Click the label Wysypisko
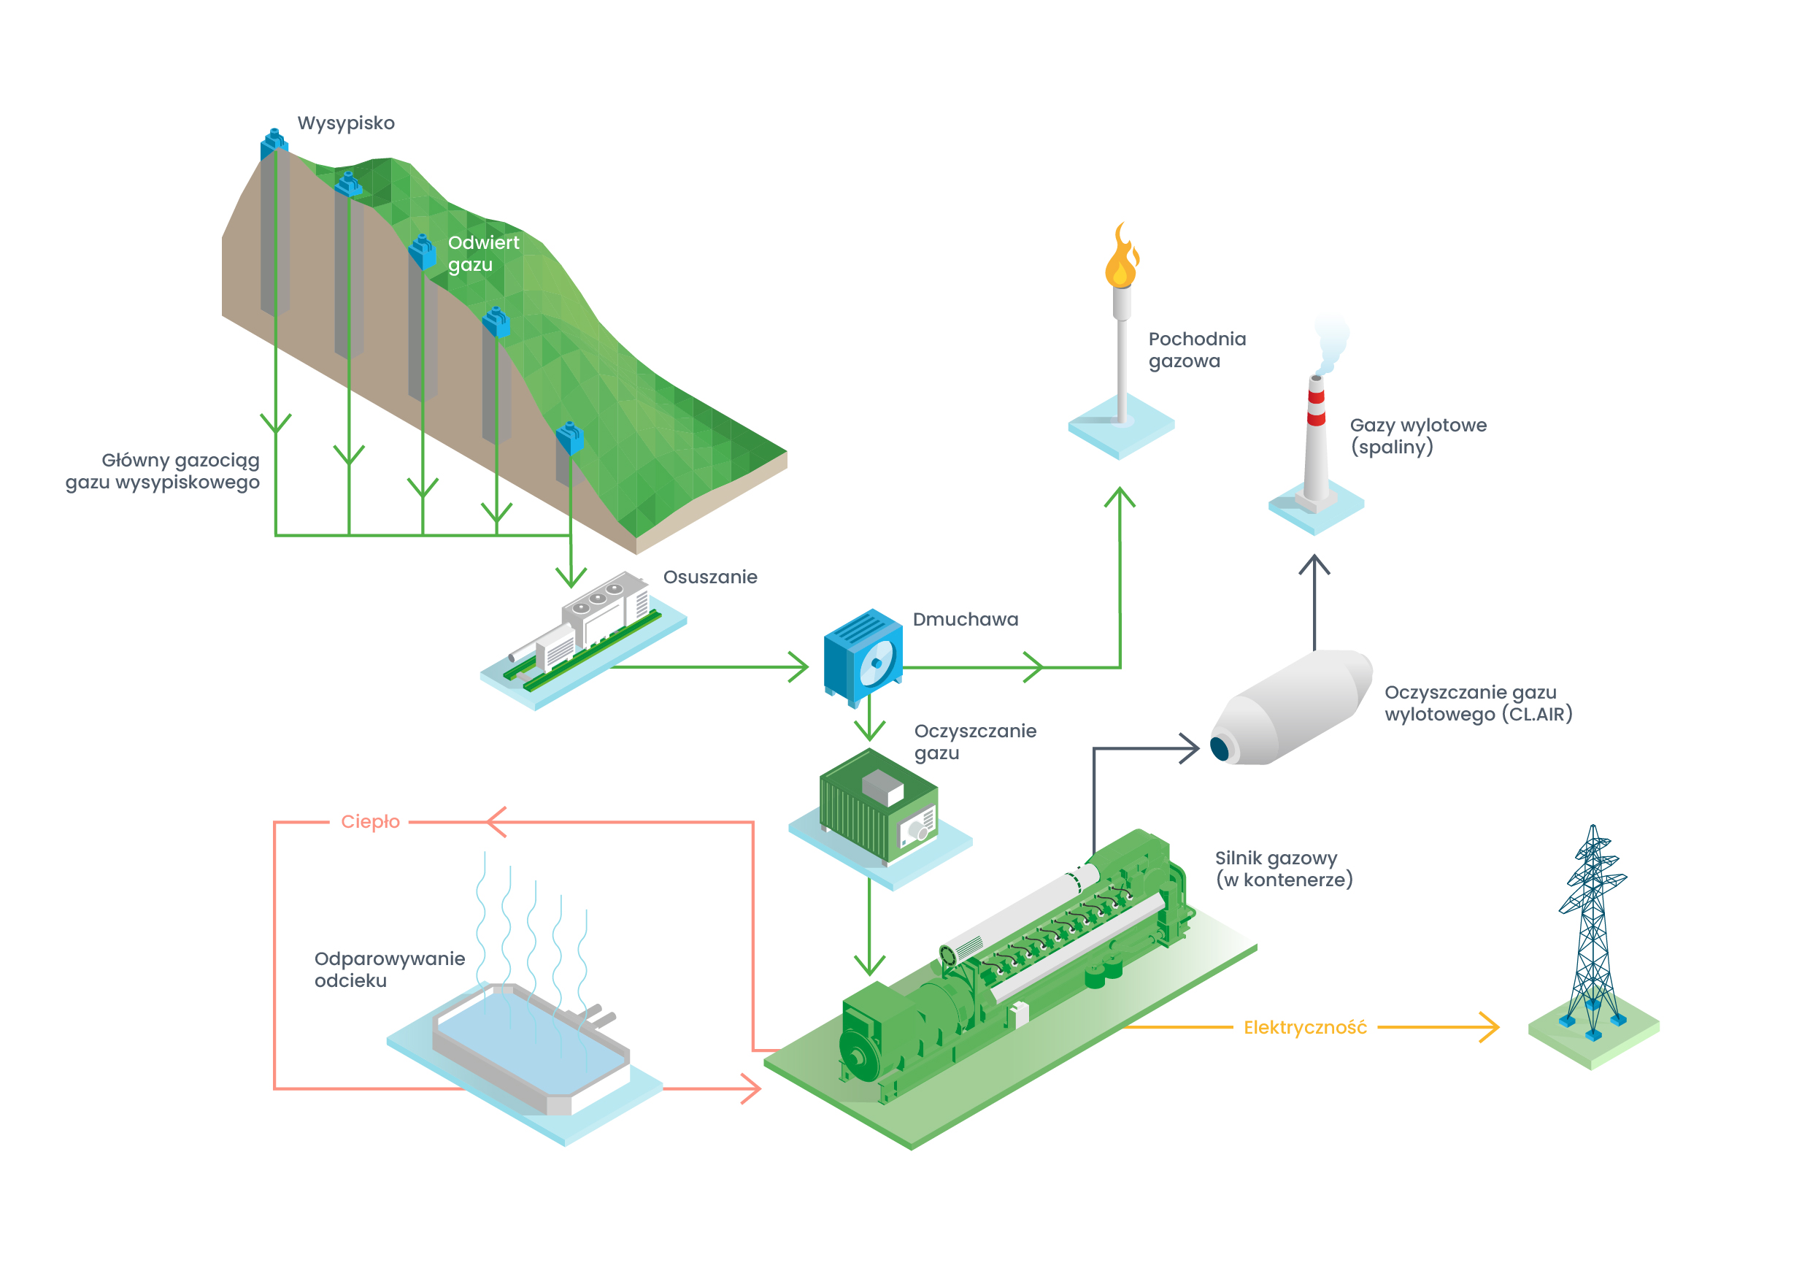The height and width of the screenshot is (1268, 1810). [x=345, y=123]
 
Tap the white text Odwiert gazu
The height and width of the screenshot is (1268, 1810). [x=482, y=253]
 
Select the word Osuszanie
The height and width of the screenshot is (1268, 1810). [x=709, y=577]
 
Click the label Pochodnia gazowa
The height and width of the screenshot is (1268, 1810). [x=1196, y=350]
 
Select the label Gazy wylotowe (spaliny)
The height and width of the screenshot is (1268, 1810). [x=1417, y=436]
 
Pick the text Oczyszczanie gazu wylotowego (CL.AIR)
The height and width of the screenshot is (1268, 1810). [x=1477, y=704]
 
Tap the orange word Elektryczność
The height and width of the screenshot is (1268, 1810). [x=1305, y=1028]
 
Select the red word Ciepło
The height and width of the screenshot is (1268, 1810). [x=370, y=822]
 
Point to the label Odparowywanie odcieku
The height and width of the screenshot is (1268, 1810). [x=389, y=970]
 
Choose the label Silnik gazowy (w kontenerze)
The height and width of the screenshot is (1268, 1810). [x=1282, y=868]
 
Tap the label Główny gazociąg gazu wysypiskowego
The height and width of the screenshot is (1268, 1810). [x=163, y=471]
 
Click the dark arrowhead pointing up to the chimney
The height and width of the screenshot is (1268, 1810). [x=1314, y=564]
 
